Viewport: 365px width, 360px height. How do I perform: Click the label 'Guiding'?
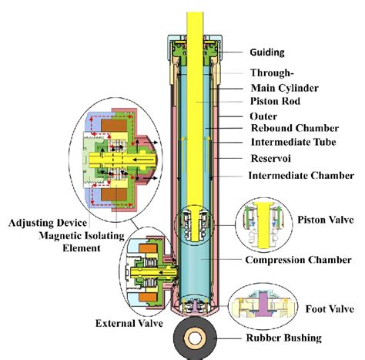(267, 52)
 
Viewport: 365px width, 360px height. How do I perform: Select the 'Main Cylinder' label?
(285, 88)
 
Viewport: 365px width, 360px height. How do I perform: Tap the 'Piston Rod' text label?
(275, 101)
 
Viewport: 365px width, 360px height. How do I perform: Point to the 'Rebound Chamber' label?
(295, 128)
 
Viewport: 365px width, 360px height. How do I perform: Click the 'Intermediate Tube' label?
(293, 142)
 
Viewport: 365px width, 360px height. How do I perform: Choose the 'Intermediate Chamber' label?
(301, 176)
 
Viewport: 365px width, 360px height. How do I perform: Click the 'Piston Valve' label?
(326, 220)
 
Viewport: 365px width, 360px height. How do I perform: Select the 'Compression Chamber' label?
(298, 260)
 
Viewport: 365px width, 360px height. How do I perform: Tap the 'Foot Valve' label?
(330, 309)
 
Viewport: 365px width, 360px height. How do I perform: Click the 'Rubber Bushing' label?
(284, 338)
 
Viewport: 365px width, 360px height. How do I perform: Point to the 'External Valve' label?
(129, 323)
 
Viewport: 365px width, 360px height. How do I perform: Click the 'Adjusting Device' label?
(48, 223)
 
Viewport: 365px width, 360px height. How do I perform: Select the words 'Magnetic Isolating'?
(82, 236)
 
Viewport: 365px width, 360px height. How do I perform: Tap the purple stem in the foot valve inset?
(263, 304)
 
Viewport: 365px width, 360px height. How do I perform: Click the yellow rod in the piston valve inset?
(263, 225)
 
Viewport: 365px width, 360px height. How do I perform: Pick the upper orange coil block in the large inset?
(114, 126)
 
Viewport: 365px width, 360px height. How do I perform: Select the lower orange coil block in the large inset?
(114, 195)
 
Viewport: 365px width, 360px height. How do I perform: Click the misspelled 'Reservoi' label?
(271, 158)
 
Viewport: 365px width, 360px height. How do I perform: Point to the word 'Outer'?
(263, 116)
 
